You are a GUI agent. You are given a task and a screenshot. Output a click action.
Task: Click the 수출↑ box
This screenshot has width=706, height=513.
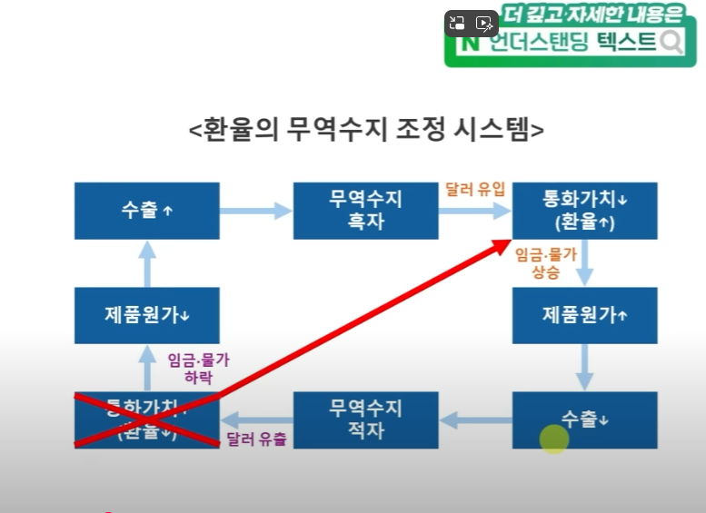[146, 211]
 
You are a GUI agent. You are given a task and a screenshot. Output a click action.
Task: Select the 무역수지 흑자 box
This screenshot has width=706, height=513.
[365, 211]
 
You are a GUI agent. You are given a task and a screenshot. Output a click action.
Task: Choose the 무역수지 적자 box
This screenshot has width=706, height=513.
[365, 419]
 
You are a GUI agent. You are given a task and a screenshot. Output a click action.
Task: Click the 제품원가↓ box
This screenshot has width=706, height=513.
[146, 315]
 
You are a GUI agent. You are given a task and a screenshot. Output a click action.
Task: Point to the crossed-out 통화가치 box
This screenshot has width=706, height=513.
[146, 419]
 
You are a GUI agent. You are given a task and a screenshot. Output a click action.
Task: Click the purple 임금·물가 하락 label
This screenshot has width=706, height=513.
[199, 368]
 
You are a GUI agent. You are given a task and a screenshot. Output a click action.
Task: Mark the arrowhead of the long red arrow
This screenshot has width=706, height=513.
[502, 244]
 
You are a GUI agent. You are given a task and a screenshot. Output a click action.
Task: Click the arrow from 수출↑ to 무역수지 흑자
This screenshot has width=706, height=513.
[256, 212]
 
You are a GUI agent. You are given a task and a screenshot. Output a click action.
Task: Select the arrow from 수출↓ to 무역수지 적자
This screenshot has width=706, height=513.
[474, 419]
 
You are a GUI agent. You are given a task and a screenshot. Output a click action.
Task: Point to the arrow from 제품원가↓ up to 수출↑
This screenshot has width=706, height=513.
[146, 263]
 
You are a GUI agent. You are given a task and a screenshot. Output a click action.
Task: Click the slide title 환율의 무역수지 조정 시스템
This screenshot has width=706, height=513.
[366, 129]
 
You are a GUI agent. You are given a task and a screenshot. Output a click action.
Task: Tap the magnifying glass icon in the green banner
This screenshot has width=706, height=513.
[671, 42]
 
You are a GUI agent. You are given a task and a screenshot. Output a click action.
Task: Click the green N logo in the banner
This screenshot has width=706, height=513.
[471, 43]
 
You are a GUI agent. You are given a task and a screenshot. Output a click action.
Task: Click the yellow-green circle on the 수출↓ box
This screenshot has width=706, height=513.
[553, 439]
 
